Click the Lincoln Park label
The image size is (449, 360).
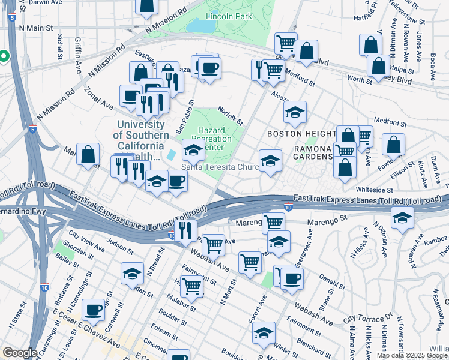coord(229,16)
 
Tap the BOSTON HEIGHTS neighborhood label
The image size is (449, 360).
coord(301,133)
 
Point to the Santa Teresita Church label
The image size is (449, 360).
coord(220,167)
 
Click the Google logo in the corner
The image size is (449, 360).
coord(20,353)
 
